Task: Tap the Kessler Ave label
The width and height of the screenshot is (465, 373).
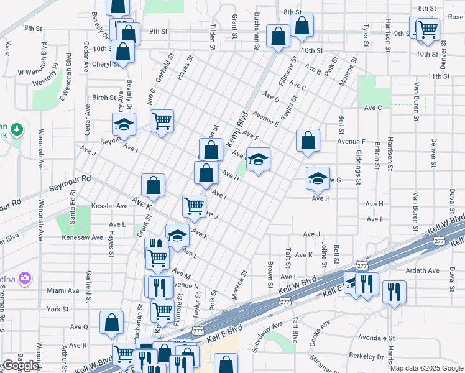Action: click(109, 206)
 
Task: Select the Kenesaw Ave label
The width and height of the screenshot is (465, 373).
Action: click(81, 237)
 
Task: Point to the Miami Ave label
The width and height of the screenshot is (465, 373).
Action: click(63, 290)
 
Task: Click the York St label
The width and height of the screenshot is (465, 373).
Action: click(57, 309)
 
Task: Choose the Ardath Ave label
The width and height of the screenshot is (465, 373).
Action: click(440, 270)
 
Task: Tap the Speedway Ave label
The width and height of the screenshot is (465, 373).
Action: click(268, 334)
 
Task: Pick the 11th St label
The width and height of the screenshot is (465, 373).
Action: click(438, 76)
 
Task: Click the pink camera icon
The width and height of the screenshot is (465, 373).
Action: click(24, 277)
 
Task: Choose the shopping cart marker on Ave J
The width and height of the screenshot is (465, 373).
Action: click(194, 205)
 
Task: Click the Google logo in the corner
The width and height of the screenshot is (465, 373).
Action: click(20, 366)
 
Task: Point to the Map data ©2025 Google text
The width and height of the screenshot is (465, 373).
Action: click(426, 368)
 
